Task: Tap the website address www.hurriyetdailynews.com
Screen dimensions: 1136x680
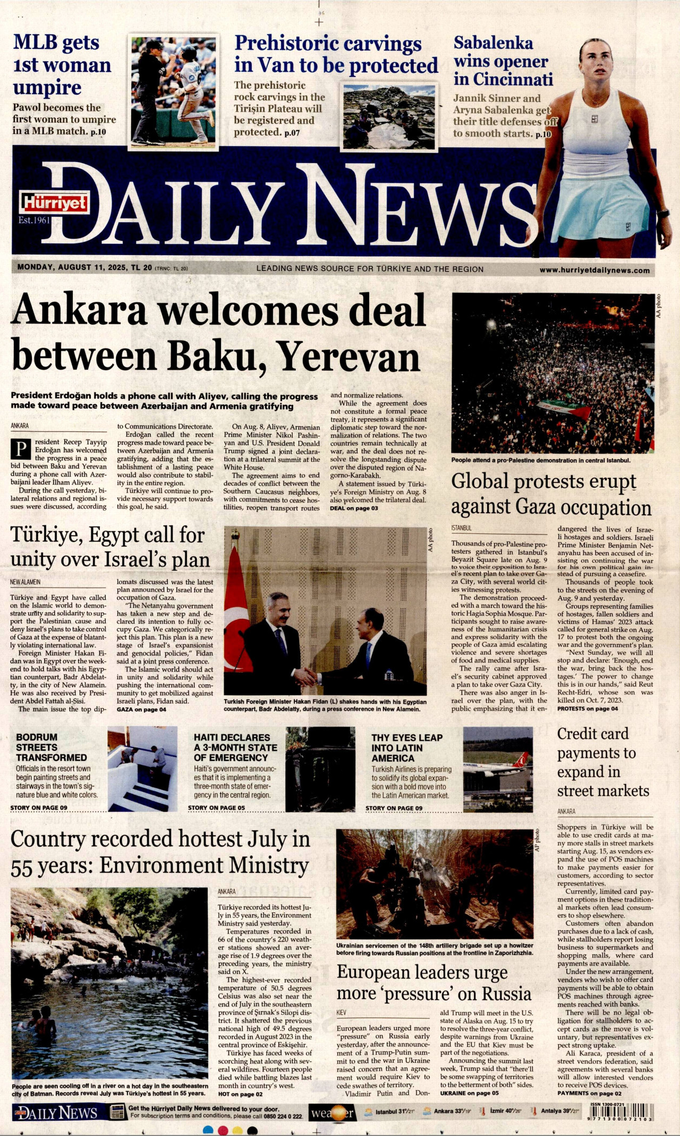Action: click(x=594, y=270)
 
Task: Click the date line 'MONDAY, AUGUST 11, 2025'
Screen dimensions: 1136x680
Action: click(x=72, y=267)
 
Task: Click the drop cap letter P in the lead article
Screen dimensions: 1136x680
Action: click(x=21, y=450)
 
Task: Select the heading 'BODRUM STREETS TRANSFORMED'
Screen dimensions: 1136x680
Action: click(x=52, y=747)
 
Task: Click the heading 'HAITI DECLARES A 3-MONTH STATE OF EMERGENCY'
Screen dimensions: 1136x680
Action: click(x=235, y=747)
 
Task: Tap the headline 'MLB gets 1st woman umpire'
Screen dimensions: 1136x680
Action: click(x=62, y=65)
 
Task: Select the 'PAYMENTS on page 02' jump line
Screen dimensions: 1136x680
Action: click(x=589, y=1093)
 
